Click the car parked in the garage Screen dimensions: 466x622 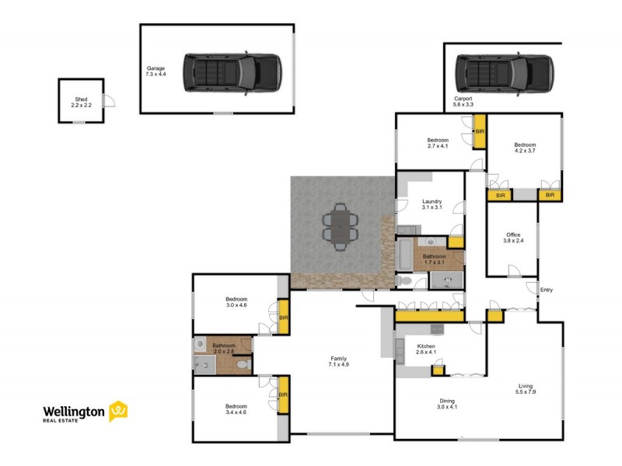click(x=232, y=73)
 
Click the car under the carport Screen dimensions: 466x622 click(x=504, y=73)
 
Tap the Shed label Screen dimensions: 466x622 click(x=81, y=102)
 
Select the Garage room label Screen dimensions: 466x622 click(x=155, y=71)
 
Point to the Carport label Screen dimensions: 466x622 click(x=463, y=101)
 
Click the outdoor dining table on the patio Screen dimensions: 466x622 click(x=341, y=227)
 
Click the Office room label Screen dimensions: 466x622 click(x=512, y=237)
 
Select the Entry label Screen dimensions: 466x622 click(x=547, y=290)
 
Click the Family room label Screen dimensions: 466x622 click(x=338, y=360)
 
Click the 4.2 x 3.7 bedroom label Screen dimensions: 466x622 click(x=525, y=148)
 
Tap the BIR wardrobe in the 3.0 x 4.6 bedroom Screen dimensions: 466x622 click(x=284, y=318)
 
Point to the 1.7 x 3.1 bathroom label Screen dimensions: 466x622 click(x=434, y=259)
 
